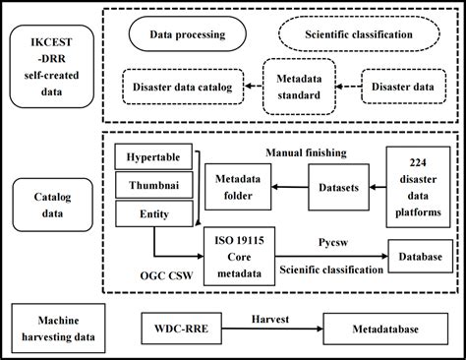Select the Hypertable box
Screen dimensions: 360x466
pos(151,157)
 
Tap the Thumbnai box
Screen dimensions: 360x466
pos(151,184)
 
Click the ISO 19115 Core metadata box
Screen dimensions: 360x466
pos(240,251)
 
